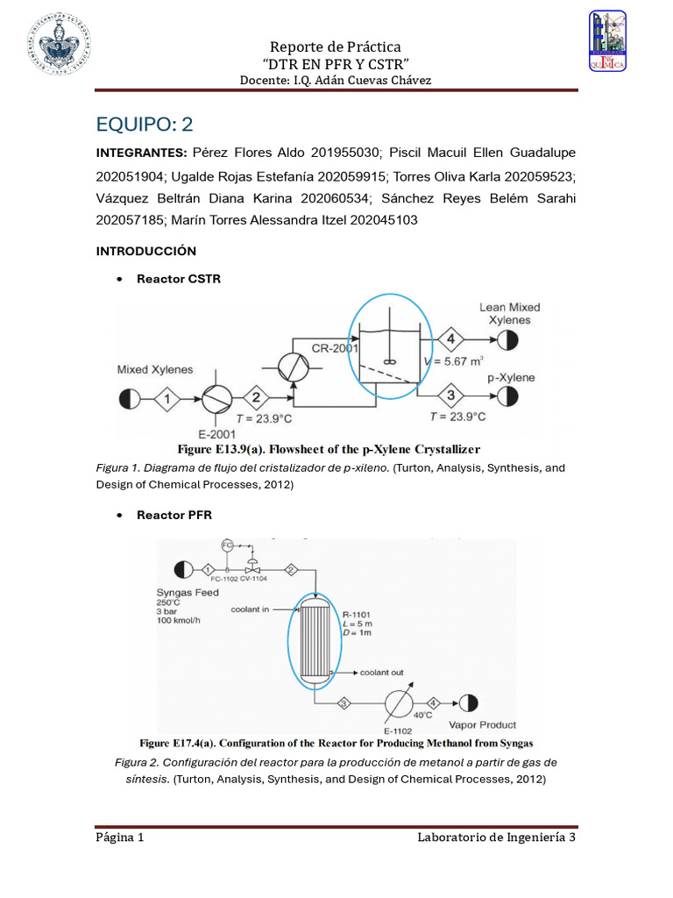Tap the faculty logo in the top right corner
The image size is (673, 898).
coord(607,40)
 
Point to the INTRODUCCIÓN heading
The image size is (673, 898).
coord(145,251)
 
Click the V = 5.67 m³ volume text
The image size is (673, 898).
coord(454,359)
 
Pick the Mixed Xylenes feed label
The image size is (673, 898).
coord(155,370)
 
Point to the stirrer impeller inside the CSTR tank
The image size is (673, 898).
coord(388,360)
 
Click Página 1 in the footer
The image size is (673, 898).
coord(120,837)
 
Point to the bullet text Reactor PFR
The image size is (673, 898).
coord(174,515)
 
